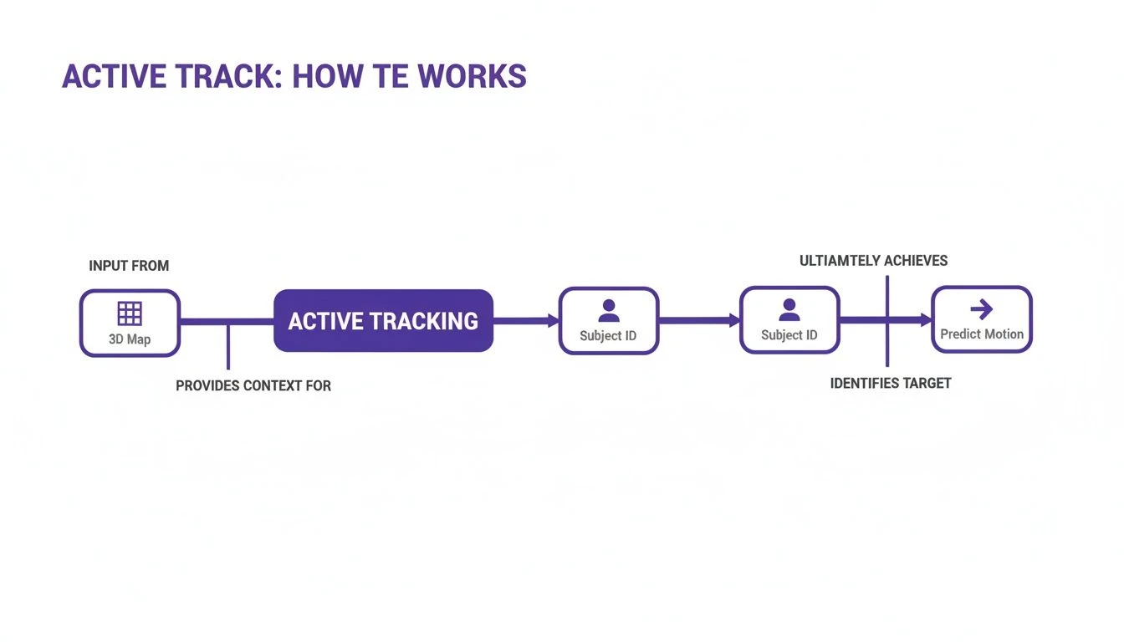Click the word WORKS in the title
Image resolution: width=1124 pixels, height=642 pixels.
473,76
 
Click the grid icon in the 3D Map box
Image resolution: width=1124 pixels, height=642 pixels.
130,313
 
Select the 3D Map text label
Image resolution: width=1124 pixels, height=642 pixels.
130,339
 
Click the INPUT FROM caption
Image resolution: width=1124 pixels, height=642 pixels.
129,266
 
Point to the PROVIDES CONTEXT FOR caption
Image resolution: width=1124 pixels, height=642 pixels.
253,385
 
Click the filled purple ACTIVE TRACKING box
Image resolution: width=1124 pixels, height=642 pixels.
383,320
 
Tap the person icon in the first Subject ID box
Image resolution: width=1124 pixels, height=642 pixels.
609,311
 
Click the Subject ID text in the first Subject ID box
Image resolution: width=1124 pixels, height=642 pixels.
608,336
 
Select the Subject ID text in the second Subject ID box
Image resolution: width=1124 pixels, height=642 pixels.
789,335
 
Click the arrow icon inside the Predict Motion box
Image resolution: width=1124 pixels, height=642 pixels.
982,310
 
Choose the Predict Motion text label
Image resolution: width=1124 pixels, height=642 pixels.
982,334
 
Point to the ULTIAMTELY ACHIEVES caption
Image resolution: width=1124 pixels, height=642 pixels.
873,261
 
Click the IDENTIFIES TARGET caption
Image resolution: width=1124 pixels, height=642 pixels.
891,383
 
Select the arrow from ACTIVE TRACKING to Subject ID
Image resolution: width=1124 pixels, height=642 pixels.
525,320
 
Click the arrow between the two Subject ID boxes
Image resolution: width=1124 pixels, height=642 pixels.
699,320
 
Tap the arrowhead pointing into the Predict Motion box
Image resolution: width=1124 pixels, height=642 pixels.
926,320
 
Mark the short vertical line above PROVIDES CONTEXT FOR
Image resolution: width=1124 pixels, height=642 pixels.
227,346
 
